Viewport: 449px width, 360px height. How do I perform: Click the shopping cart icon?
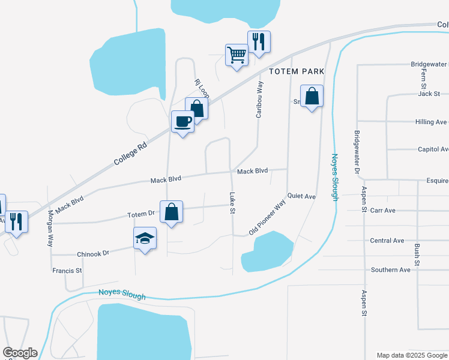[237, 55]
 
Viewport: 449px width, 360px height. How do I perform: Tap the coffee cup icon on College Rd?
[183, 122]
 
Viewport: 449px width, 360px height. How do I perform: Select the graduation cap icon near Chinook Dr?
[145, 238]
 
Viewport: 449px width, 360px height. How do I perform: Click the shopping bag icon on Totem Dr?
[172, 212]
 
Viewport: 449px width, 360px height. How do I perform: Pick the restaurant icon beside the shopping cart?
[259, 42]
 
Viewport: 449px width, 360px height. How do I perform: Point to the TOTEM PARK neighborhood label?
[297, 71]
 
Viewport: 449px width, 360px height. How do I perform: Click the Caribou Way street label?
[259, 99]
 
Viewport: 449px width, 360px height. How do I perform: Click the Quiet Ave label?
[301, 196]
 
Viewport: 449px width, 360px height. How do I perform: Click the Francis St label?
[67, 271]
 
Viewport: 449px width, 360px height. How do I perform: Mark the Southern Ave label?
[390, 270]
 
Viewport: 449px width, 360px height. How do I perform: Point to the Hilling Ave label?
[431, 122]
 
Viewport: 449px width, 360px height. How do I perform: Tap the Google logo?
[20, 353]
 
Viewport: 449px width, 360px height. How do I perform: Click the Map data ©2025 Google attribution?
[411, 355]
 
